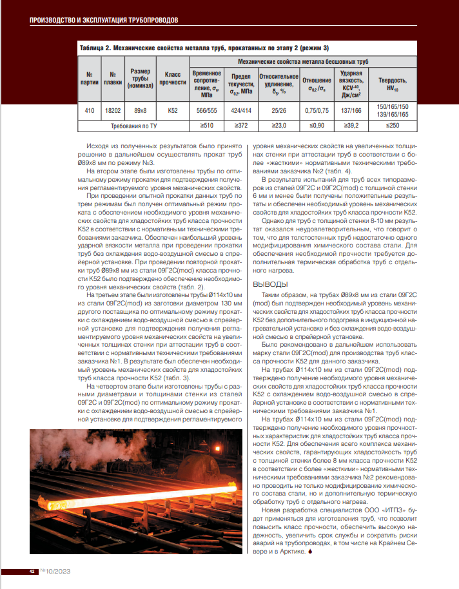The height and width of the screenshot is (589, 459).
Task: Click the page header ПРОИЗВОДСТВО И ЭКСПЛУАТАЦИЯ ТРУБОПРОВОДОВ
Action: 104,20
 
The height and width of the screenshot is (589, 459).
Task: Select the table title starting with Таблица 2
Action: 204,48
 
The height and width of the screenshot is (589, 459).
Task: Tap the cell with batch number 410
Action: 89,110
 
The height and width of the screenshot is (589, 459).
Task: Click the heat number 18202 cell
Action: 113,110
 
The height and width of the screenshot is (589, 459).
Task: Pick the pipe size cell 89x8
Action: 141,110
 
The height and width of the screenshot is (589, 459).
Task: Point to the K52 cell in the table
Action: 172,110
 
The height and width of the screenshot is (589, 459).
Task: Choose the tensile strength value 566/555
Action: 207,110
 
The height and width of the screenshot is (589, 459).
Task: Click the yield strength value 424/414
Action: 240,110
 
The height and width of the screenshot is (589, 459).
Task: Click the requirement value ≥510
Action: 207,125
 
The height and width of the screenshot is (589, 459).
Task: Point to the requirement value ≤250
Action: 393,125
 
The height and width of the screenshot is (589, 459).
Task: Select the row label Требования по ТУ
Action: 133,125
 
